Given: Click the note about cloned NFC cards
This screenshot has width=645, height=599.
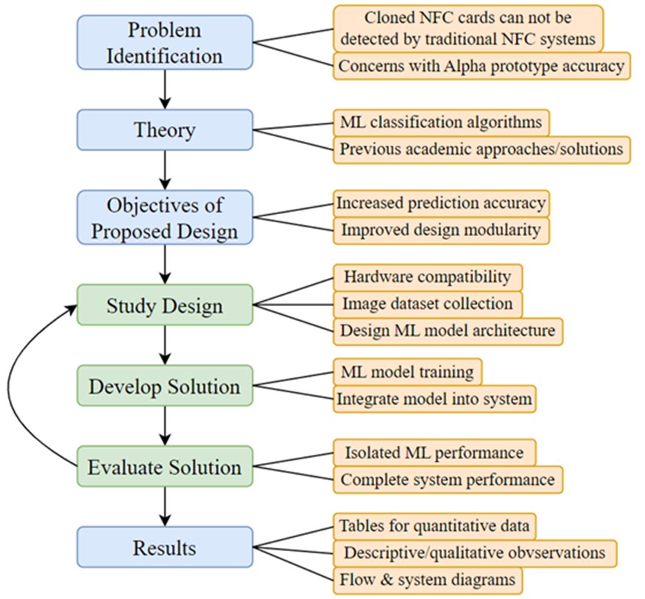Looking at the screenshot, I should tap(468, 26).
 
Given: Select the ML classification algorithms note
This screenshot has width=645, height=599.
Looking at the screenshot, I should tap(440, 121).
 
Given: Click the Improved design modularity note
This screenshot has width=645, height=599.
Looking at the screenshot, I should tap(440, 230).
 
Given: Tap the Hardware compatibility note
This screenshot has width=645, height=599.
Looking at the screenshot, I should tap(427, 277).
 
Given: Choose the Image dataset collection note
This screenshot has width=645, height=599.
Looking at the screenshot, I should tap(427, 303).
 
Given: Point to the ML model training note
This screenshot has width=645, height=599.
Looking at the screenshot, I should tap(407, 370).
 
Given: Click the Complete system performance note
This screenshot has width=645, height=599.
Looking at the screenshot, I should tap(447, 479).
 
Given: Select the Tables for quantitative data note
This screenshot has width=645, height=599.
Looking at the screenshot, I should tap(434, 525).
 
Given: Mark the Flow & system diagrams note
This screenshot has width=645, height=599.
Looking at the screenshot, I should tap(427, 580).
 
